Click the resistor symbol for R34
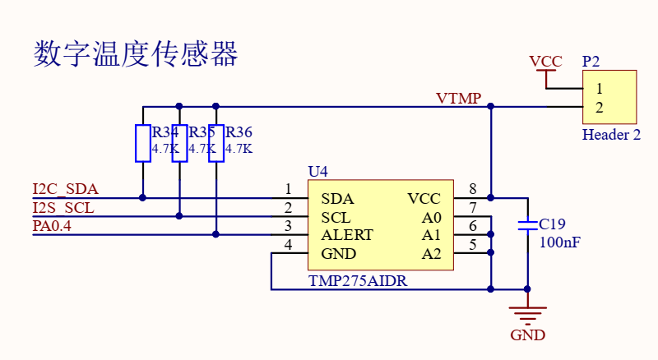pos(142,143)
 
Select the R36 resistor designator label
pos(239,132)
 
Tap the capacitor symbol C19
pos(527,225)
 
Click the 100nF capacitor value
pos(560,242)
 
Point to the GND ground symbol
pos(527,316)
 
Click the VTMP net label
pos(458,98)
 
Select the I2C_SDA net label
pos(66,189)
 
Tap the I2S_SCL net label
pos(63,208)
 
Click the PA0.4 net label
pos(52,226)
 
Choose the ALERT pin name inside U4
pos(347,235)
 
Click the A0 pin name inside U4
pos(431,218)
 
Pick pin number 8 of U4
pos(473,189)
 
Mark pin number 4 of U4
pos(288,244)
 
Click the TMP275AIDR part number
pos(358,281)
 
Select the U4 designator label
pos(318,171)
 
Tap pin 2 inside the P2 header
pos(600,108)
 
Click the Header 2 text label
pos(611,135)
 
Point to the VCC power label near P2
pos(545,62)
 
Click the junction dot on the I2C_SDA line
pos(142,197)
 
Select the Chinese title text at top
pos(136,53)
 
